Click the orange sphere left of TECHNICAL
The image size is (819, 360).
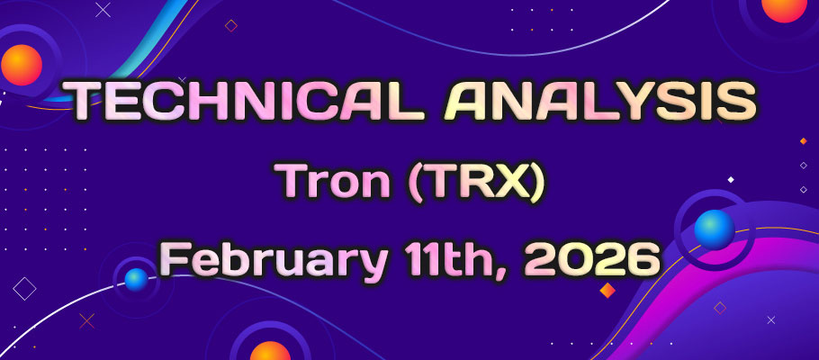pyautogui.click(x=22, y=66)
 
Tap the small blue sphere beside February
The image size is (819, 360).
pyautogui.click(x=136, y=279)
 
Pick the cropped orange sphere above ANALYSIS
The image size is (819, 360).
pyautogui.click(x=784, y=7)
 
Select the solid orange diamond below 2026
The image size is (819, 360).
pyautogui.click(x=607, y=290)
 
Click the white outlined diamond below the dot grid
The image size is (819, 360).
pyautogui.click(x=25, y=289)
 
